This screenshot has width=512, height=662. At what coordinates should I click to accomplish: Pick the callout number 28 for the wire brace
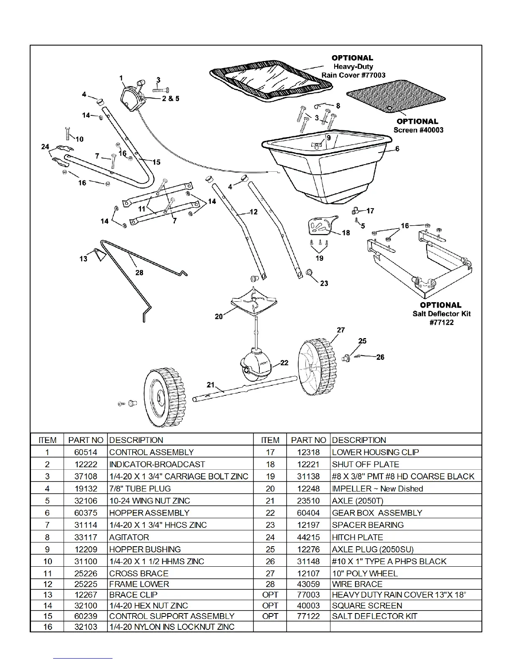click(x=139, y=272)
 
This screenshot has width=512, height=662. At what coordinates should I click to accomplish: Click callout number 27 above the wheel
click(x=341, y=330)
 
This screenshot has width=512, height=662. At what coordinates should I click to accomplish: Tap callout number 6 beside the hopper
click(x=397, y=149)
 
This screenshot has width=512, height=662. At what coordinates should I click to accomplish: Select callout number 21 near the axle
click(x=210, y=384)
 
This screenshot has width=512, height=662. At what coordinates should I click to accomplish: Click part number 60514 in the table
click(x=85, y=452)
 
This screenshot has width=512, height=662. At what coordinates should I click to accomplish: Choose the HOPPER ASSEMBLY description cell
click(x=149, y=513)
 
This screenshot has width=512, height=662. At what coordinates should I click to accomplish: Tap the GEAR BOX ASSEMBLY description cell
click(x=377, y=513)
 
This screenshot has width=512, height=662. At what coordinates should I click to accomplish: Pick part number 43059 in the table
click(x=308, y=584)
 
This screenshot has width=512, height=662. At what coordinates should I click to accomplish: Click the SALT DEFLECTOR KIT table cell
click(x=374, y=616)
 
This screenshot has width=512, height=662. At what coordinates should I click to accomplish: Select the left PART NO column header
click(x=85, y=440)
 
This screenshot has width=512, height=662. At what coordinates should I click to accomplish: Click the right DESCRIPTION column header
click(x=359, y=440)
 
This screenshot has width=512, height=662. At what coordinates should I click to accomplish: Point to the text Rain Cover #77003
click(x=353, y=75)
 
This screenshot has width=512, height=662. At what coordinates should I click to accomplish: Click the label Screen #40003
click(x=418, y=130)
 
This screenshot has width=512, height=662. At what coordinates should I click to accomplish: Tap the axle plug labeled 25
click(x=346, y=357)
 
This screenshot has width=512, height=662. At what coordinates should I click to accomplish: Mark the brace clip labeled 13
click(x=98, y=254)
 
